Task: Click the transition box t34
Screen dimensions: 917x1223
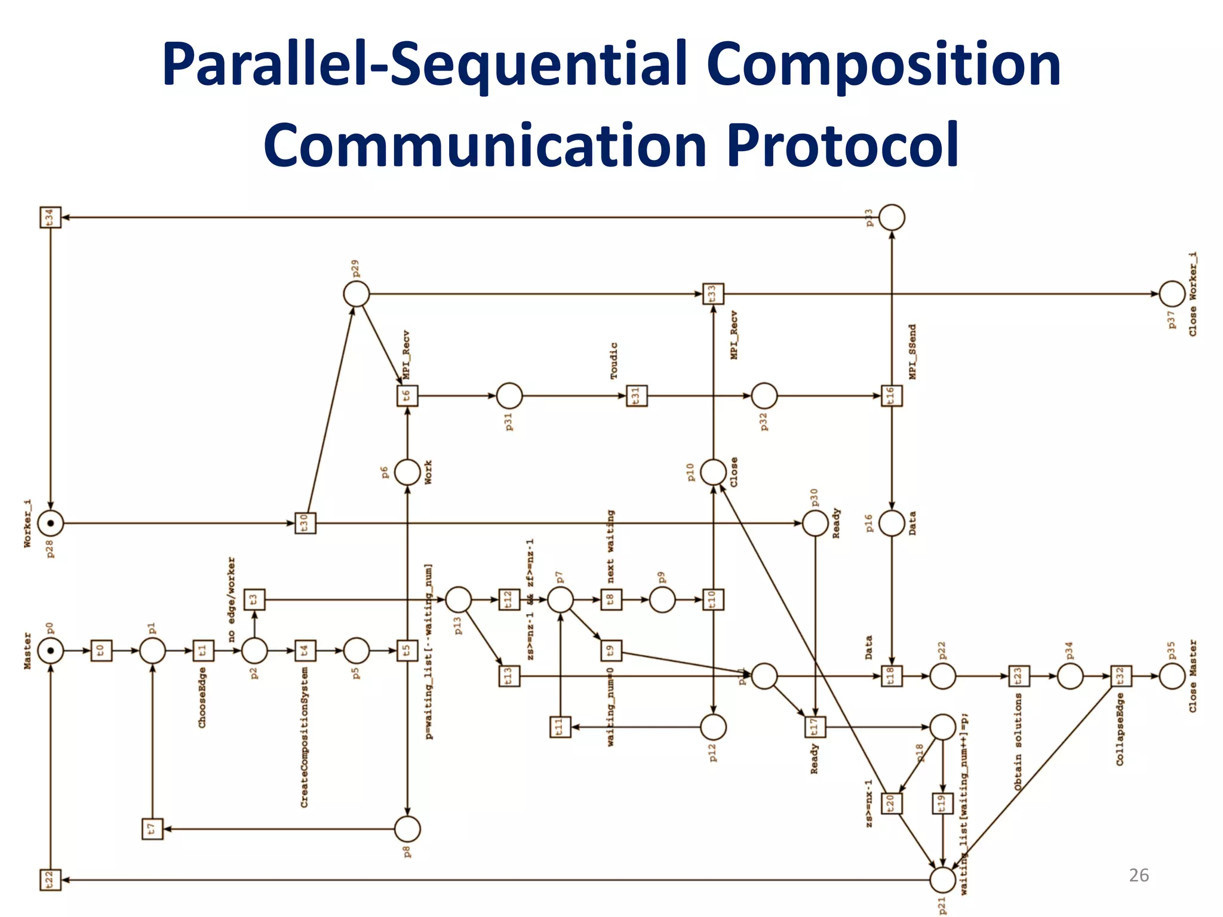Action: [50, 217]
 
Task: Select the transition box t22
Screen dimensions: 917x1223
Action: [50, 879]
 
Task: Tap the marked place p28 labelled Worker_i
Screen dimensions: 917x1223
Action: [50, 523]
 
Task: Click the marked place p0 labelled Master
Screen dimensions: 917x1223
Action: [50, 650]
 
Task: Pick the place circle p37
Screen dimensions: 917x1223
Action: [1172, 294]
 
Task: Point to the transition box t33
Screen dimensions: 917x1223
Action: [713, 294]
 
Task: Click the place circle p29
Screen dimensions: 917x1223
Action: [357, 294]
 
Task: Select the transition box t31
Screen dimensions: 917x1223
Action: [637, 395]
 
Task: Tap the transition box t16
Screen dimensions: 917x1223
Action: [892, 395]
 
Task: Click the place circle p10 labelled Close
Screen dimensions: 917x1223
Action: [713, 472]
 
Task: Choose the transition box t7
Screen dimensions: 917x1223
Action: [152, 829]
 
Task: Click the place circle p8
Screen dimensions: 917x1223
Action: [407, 829]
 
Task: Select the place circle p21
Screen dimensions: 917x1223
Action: [942, 879]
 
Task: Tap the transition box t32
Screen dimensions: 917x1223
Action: [1121, 676]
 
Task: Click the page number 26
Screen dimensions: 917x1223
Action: [1138, 875]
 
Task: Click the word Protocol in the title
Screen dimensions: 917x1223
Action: [843, 145]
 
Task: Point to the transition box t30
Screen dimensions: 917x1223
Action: [305, 523]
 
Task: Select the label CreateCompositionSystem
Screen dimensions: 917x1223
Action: [305, 738]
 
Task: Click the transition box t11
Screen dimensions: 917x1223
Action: [560, 727]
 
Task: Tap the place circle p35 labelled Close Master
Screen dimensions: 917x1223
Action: [1172, 676]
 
